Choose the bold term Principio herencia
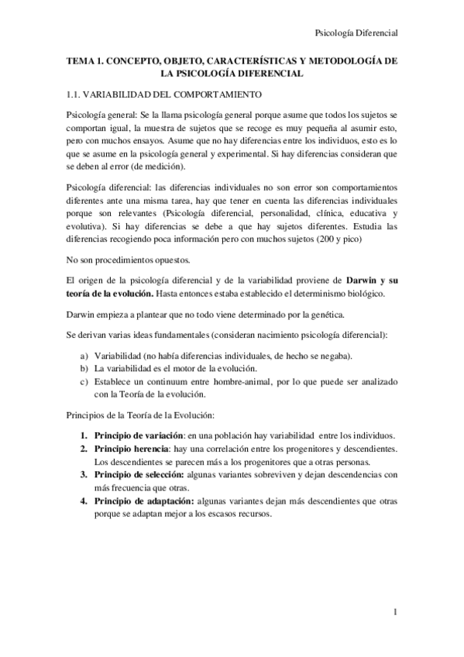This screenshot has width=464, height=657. coord(132,449)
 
